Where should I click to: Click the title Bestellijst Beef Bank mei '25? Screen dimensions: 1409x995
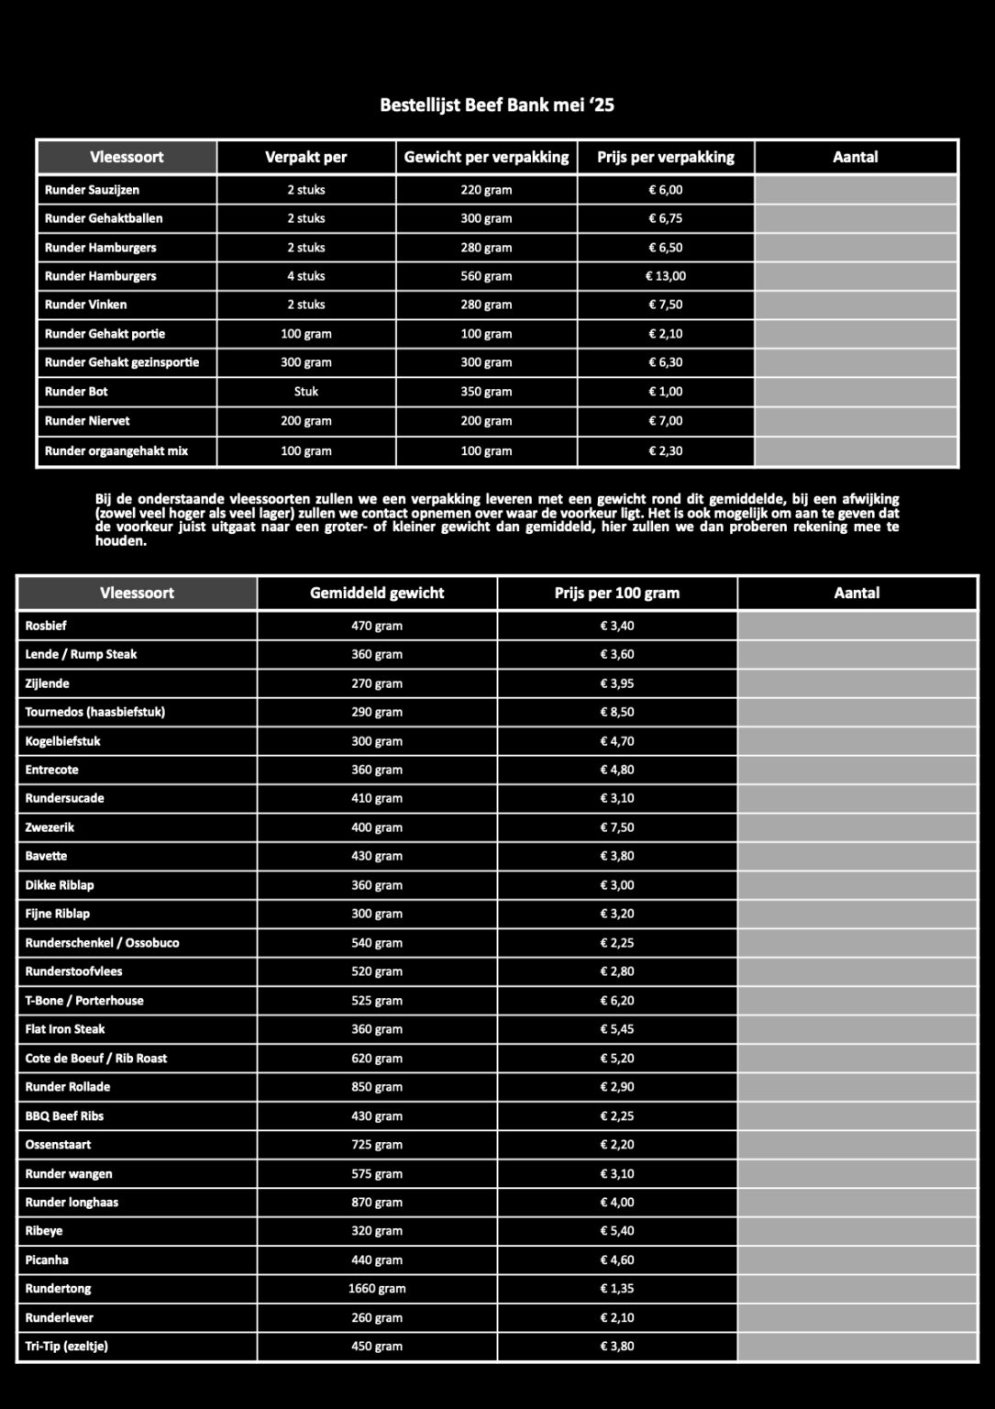tap(497, 105)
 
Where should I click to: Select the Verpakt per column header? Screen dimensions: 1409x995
tap(305, 157)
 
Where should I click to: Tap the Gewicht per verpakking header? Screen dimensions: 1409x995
tap(486, 157)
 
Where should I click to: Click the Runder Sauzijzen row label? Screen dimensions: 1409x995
tap(92, 190)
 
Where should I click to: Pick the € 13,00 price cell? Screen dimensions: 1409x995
tap(666, 276)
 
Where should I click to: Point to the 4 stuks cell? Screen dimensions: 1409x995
tap(305, 276)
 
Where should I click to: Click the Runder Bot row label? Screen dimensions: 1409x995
tap(76, 392)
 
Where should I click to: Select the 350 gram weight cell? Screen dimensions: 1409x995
tap(486, 392)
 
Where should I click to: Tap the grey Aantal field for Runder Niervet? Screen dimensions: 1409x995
tap(856, 421)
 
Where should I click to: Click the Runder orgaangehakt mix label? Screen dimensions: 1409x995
tap(116, 451)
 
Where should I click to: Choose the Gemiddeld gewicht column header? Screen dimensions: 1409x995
tap(377, 594)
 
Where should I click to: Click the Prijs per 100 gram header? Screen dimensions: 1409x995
tap(617, 594)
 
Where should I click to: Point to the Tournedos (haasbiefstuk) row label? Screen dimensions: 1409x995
tap(95, 712)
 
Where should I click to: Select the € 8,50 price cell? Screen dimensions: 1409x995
tap(617, 712)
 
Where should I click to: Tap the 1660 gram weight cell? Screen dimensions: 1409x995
tap(377, 1289)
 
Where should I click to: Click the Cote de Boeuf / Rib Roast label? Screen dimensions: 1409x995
tap(96, 1059)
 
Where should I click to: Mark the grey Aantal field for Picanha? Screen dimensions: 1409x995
tap(857, 1260)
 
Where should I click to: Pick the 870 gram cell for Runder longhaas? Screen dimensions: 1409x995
tap(377, 1203)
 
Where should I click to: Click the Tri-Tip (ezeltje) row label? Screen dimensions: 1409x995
tap(67, 1347)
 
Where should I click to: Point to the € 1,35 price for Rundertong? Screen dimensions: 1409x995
tap(617, 1289)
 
